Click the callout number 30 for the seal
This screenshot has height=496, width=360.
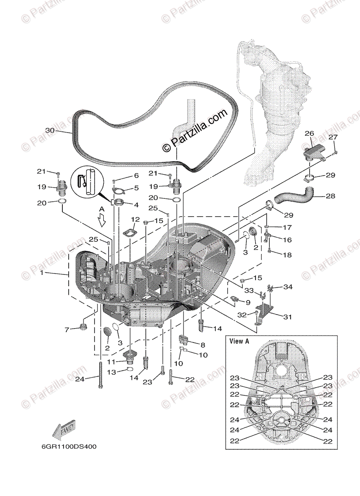(50, 130)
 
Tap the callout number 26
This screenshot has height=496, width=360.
(309, 133)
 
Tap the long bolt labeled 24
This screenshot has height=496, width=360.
(100, 374)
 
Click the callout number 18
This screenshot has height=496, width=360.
(287, 255)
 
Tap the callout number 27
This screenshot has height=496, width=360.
(333, 137)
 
